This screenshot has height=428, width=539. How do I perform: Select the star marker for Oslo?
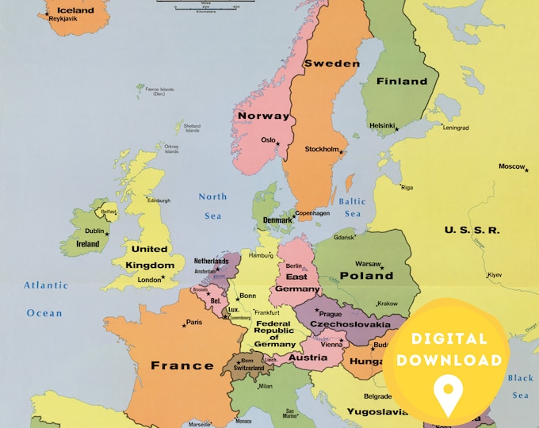pyautogui.click(x=278, y=143)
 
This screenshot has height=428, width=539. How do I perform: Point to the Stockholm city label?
pyautogui.click(x=322, y=149)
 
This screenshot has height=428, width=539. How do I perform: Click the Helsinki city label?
pyautogui.click(x=382, y=125)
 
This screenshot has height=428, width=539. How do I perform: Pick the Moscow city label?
pyautogui.click(x=511, y=166)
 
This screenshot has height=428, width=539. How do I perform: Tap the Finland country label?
pyautogui.click(x=402, y=81)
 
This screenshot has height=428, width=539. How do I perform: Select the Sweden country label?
pyautogui.click(x=332, y=63)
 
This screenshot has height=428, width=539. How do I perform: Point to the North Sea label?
pyautogui.click(x=212, y=204)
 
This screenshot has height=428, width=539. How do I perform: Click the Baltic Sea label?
pyautogui.click(x=353, y=208)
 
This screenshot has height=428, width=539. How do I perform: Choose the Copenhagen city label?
pyautogui.click(x=312, y=213)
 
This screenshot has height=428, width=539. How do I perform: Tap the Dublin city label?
pyautogui.click(x=94, y=231)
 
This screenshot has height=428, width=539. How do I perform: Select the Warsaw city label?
pyautogui.click(x=369, y=263)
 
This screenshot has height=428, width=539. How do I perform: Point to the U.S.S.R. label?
pyautogui.click(x=472, y=230)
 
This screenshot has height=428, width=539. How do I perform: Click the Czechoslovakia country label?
pyautogui.click(x=350, y=324)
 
